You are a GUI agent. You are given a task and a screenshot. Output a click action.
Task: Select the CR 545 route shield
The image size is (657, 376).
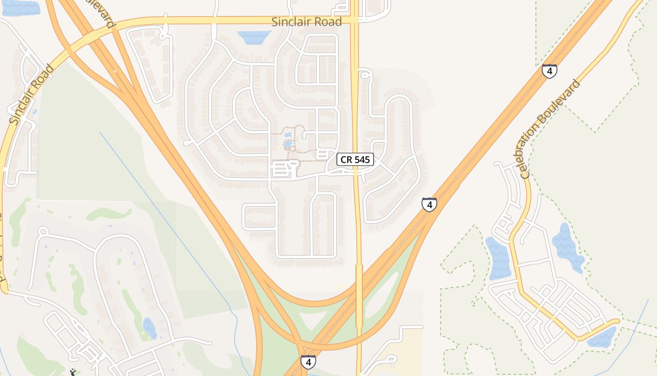(x=355, y=159)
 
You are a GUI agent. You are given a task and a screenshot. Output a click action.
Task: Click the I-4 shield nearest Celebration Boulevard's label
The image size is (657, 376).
(x=549, y=71)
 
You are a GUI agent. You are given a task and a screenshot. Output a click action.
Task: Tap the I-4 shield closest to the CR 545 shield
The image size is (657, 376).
(x=429, y=204)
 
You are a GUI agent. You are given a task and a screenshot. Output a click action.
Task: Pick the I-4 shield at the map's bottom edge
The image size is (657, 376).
(x=308, y=362)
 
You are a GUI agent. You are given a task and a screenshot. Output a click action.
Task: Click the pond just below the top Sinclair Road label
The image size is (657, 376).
(x=254, y=37)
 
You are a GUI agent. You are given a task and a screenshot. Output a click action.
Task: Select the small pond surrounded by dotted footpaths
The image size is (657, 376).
(x=288, y=144)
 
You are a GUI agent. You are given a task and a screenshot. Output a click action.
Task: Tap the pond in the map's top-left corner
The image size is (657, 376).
(x=20, y=7)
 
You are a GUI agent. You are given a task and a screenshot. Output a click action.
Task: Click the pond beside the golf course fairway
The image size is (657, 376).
(x=149, y=328)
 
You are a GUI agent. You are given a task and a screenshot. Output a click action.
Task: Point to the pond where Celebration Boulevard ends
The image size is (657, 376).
(x=602, y=337)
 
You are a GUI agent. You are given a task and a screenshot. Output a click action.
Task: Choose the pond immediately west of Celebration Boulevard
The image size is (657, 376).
(x=499, y=258)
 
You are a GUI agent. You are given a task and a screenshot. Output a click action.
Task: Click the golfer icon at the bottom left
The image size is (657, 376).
(x=72, y=372)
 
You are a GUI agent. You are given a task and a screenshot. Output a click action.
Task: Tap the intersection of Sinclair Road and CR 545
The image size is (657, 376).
(x=355, y=21)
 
